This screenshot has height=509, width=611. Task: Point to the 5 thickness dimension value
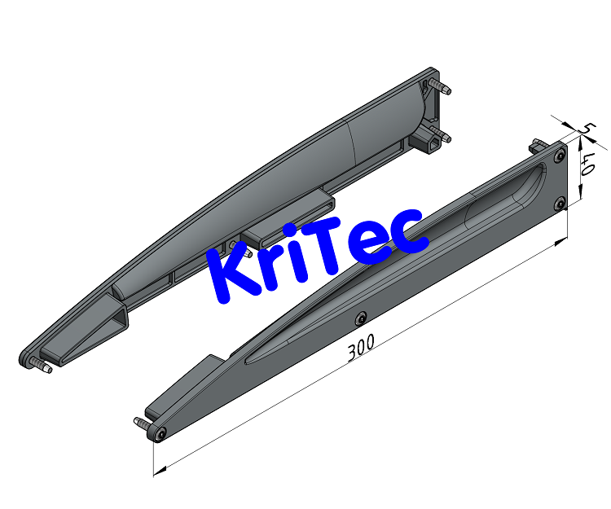coord(586,129)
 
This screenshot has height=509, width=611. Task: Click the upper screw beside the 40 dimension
coord(559,154)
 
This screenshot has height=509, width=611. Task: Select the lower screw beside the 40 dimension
coord(560,204)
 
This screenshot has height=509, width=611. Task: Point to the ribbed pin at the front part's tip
coord(141,423)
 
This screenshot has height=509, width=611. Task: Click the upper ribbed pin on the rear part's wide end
coord(442,86)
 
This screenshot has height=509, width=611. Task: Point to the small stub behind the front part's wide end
coord(535,144)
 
